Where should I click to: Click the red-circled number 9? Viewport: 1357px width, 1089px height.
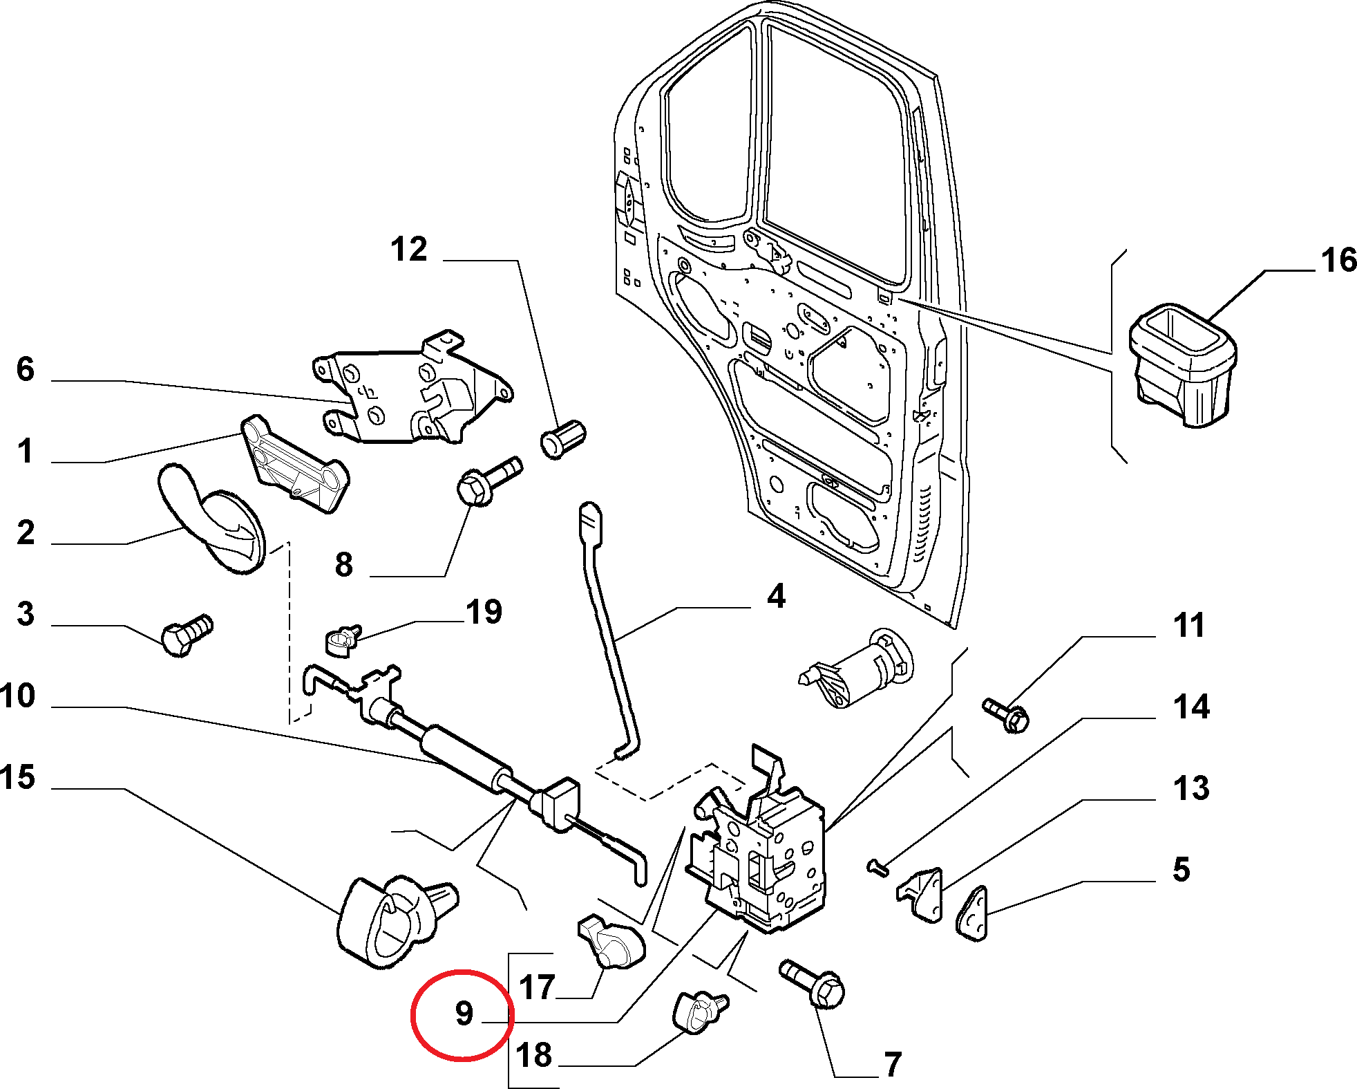[464, 1013]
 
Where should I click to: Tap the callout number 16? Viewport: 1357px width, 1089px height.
[1338, 261]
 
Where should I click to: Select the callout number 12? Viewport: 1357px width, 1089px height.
[409, 249]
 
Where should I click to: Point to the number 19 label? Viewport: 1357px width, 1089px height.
[484, 612]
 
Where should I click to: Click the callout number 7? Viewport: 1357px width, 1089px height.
[893, 1065]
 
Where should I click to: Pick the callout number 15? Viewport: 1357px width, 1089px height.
[17, 777]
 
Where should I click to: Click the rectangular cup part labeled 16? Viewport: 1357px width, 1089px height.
[1182, 364]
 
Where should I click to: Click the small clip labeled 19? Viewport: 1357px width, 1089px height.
[342, 640]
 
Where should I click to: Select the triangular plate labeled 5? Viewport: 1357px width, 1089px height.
[973, 914]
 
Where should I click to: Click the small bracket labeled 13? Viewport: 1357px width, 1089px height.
[922, 895]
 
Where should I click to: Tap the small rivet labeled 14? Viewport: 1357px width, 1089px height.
[877, 867]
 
